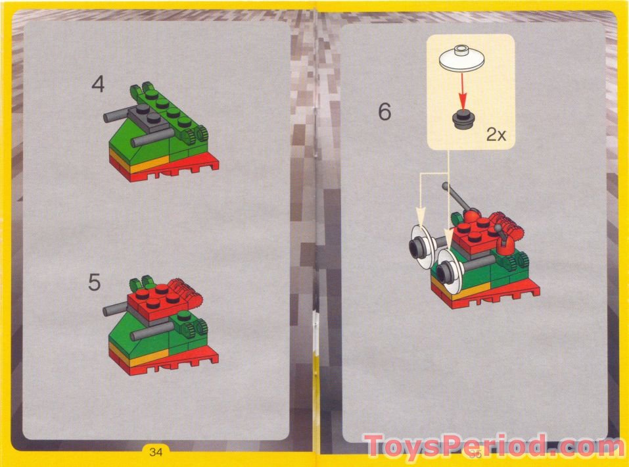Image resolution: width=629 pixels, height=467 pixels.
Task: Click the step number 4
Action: point(98,85)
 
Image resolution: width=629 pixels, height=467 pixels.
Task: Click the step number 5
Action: point(95,283)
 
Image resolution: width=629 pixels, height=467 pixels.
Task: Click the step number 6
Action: point(384,112)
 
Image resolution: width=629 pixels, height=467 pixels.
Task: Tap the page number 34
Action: point(156,451)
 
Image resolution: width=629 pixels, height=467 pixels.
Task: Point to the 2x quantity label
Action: point(496,135)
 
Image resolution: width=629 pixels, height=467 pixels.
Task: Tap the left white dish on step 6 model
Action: point(419,247)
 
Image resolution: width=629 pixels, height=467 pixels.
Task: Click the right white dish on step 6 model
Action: point(451,270)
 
